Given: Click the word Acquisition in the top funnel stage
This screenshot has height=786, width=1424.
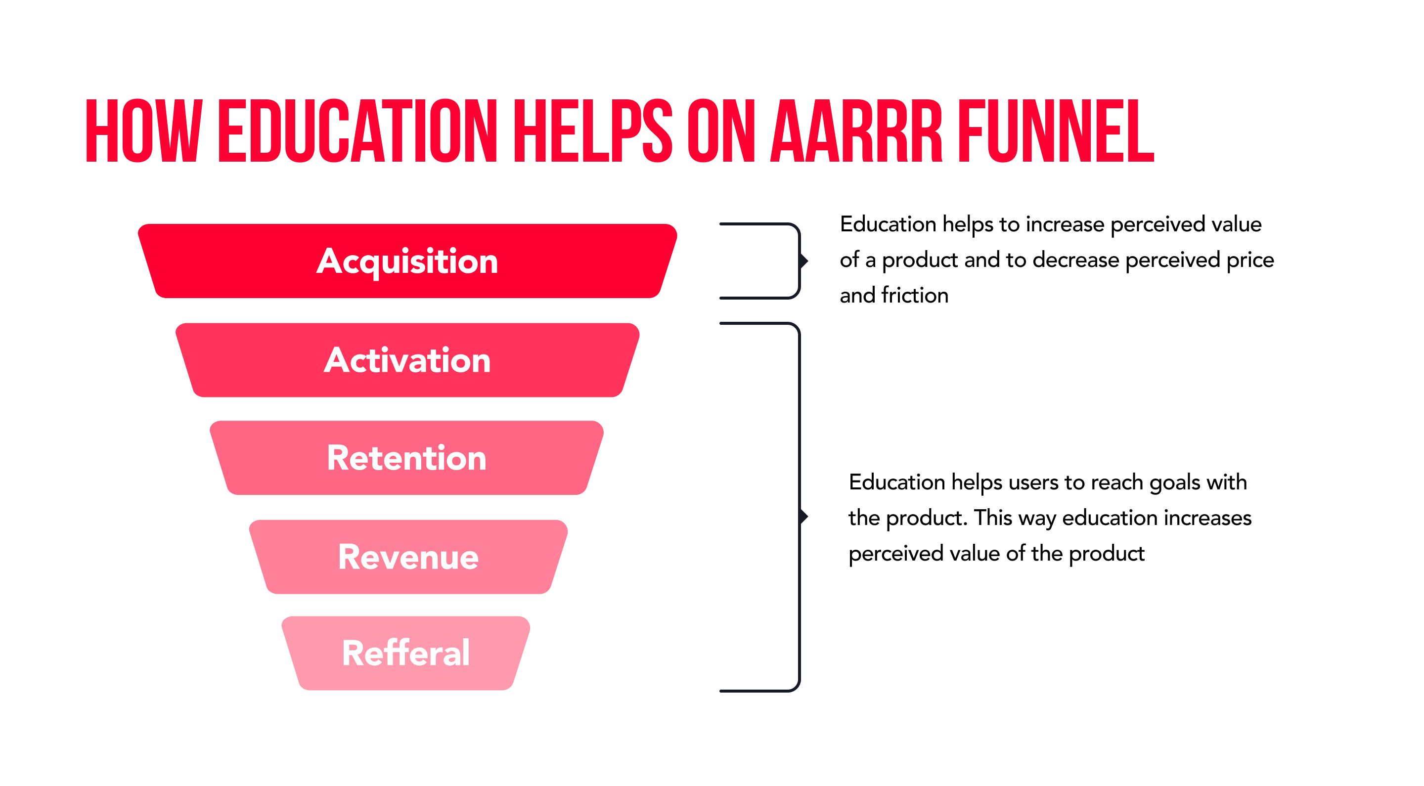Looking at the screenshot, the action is coord(407,262).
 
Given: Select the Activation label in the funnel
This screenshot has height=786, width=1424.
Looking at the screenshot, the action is coord(407,360).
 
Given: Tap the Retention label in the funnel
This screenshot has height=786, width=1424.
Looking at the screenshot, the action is coord(407,458).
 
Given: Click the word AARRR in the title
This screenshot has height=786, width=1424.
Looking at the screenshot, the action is coord(856,131).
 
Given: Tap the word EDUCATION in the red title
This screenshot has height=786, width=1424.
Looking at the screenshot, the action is coord(358,131).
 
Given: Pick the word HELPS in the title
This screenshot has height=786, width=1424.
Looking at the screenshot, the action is coord(593,131).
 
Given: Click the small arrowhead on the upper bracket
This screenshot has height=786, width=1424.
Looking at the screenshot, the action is coord(805,261).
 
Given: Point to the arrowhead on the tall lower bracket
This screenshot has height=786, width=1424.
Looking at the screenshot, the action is coord(805,517).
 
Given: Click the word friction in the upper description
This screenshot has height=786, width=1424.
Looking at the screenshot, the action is coord(915,295).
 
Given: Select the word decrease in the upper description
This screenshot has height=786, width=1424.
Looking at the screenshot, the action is coord(1076,260).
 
